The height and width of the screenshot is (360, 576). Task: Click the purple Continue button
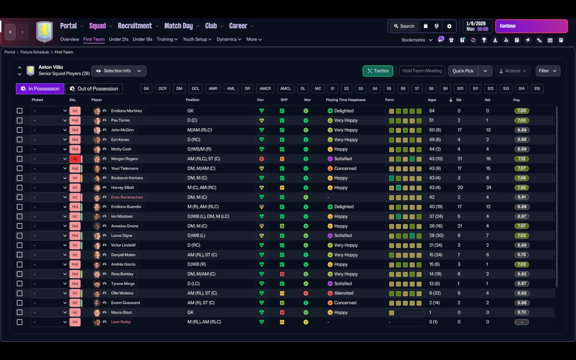[x=531, y=26]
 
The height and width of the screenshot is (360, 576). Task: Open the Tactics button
[x=378, y=71]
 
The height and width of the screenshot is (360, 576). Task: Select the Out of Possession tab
[x=94, y=89]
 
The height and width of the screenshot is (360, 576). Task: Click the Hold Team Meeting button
[x=422, y=71]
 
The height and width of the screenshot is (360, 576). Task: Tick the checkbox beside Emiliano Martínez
[x=19, y=111]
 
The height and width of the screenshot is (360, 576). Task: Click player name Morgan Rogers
[x=124, y=159]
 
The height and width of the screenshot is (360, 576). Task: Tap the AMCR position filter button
[x=265, y=89]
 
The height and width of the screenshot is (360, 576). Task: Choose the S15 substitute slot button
[x=537, y=89]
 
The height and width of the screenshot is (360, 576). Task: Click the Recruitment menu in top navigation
[x=135, y=26]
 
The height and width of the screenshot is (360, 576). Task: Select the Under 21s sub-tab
[x=118, y=39]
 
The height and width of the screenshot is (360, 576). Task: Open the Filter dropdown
[x=547, y=71]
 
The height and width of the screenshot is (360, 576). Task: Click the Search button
[x=404, y=26]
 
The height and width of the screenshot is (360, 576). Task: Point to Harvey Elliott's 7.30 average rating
[x=522, y=188]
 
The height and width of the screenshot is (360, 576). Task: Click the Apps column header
[x=432, y=100]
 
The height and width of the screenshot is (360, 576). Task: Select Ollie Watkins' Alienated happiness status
[x=343, y=293]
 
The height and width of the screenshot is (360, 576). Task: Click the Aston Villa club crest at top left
[x=44, y=31]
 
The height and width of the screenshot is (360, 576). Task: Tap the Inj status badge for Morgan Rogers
[x=75, y=159]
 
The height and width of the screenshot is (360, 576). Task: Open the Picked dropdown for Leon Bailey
[x=49, y=322]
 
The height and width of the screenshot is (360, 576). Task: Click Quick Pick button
[x=463, y=71]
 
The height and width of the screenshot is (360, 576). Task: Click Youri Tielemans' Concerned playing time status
[x=345, y=168]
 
